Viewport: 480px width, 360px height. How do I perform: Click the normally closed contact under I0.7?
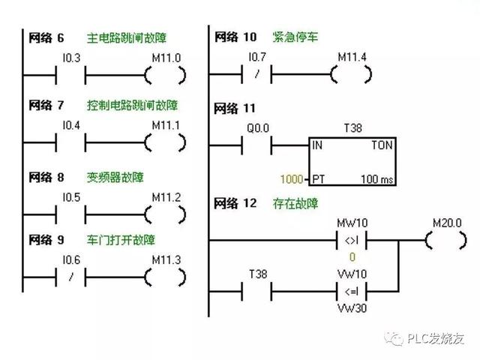(x=256, y=74)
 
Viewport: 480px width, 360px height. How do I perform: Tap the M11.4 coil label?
(x=352, y=57)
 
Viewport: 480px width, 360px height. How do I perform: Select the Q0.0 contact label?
(x=257, y=128)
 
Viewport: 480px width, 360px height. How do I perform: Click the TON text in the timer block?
(x=382, y=146)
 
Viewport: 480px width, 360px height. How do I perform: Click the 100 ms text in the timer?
(x=374, y=180)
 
